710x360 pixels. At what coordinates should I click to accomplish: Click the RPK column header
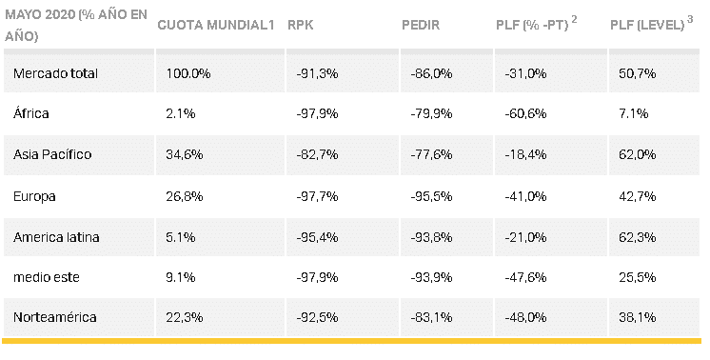coord(300,25)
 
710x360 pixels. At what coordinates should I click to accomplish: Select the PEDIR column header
coord(421,25)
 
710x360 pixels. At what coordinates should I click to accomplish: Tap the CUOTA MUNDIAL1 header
coord(216,25)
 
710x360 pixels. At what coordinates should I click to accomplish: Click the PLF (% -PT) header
coord(536,24)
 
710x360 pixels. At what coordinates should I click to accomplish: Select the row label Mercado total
coord(55,73)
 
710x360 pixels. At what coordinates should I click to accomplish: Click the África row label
coord(30,113)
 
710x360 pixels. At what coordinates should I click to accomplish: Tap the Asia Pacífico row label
coord(52,154)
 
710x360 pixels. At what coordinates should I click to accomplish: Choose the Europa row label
coord(34,196)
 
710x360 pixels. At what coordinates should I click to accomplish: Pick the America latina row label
coord(56,237)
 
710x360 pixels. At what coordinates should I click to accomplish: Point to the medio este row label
coord(47,277)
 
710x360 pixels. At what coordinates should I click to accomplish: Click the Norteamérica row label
coord(55,317)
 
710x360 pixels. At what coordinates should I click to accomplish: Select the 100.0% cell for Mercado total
coord(187,73)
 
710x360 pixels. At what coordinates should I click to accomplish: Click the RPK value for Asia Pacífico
coord(317,154)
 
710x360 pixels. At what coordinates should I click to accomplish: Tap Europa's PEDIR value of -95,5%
coord(431,196)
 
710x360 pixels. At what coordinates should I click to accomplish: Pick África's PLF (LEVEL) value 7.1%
coord(634,113)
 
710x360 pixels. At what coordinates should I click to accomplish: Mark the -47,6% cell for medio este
coord(525,277)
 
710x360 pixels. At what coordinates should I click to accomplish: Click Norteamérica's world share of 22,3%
coord(185,317)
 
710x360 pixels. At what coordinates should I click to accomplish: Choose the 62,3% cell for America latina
coord(637,237)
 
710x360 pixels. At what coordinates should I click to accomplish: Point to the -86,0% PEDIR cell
coord(431,73)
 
